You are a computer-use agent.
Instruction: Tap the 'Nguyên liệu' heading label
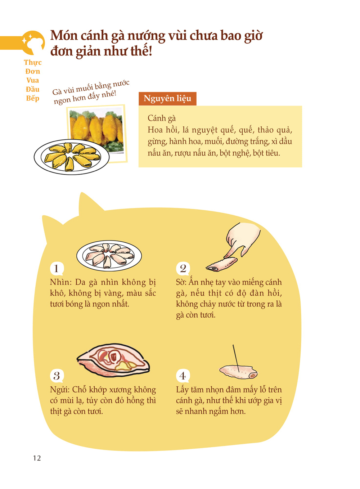167,99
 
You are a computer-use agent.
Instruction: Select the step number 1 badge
57,269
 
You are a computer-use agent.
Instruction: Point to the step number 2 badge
183,269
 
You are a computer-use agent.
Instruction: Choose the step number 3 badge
57,376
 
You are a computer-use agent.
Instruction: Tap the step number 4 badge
183,376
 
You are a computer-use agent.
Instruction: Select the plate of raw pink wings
109,256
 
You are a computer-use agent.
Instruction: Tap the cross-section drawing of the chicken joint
113,360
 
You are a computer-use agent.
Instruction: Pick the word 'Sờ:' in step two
181,282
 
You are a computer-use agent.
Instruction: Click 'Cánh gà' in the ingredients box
162,118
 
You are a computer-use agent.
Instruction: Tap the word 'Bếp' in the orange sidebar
33,98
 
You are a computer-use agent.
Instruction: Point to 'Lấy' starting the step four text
183,390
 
